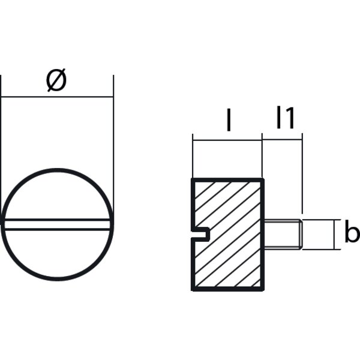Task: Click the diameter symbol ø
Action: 56,81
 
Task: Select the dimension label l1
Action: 285,119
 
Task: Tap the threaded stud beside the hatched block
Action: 282,234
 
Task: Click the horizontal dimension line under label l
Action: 227,140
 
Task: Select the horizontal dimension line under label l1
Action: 283,140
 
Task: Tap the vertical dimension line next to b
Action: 332,234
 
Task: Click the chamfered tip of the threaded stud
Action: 299,234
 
